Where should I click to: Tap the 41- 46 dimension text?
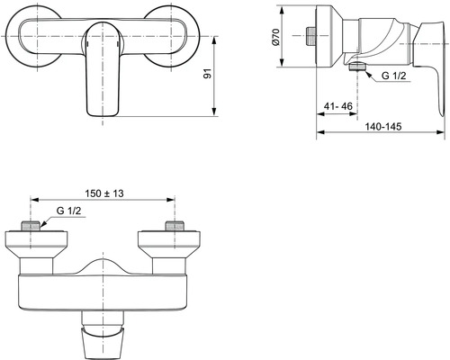(x=338, y=105)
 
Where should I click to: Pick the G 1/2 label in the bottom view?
(x=69, y=211)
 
